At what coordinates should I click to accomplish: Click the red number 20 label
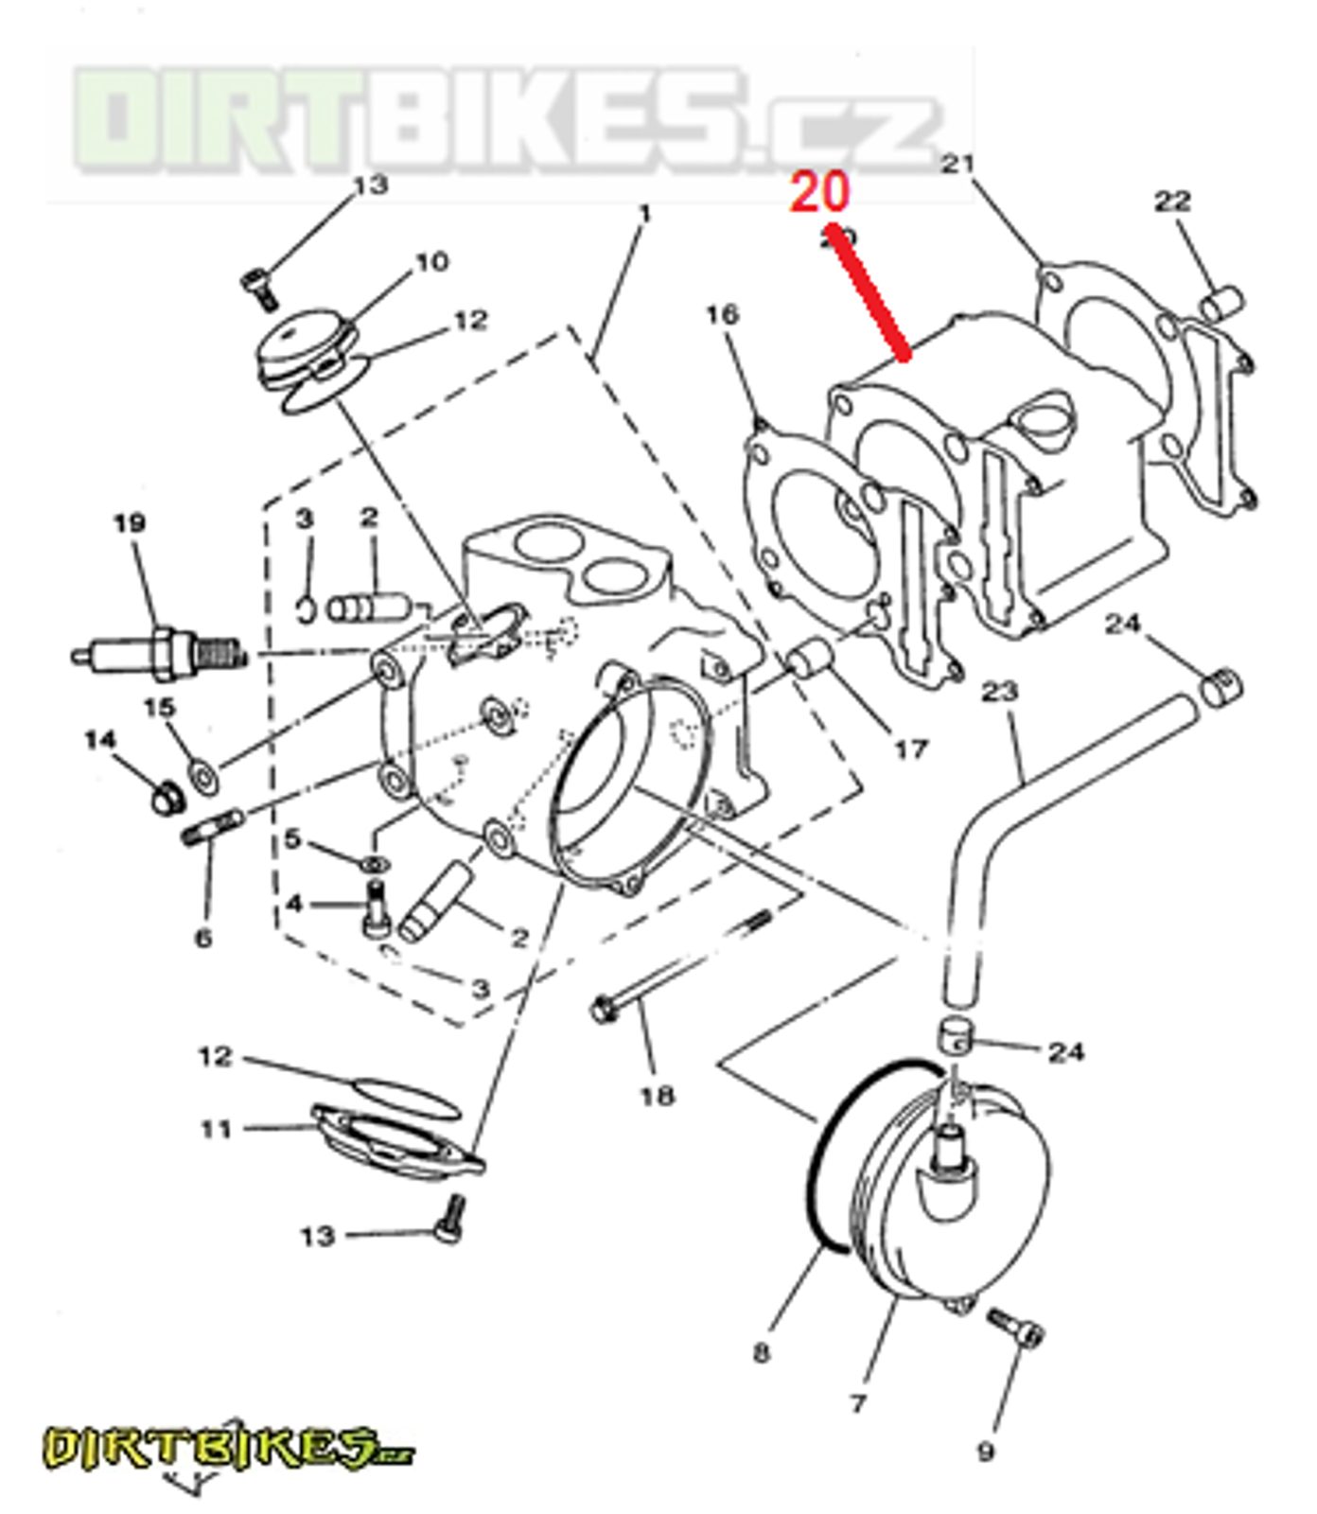tap(820, 192)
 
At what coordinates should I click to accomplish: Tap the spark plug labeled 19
tap(161, 651)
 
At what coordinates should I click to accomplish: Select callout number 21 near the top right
tap(957, 165)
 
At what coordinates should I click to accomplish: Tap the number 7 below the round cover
tap(857, 1402)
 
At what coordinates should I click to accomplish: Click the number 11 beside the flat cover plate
tap(216, 1129)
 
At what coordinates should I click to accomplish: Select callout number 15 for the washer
tap(159, 708)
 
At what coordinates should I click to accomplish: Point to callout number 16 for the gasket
tap(722, 314)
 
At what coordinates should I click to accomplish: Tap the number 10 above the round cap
tap(431, 261)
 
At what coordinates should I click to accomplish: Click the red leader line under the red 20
tap(869, 293)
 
